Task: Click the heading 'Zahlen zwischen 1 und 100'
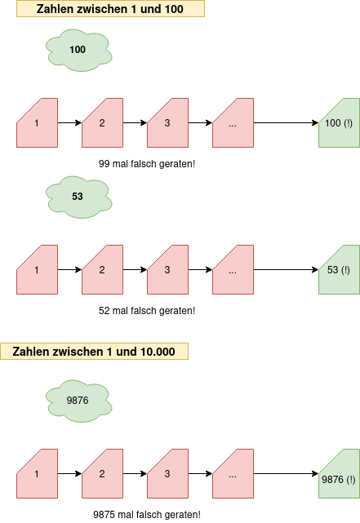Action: tap(110, 9)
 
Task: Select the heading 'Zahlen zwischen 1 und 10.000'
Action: tap(94, 352)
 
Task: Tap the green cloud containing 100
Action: tap(78, 50)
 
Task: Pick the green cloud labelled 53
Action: tap(78, 197)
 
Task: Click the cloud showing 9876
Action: tap(78, 401)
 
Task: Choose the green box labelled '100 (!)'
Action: tap(340, 122)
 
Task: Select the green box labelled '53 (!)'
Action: tap(340, 269)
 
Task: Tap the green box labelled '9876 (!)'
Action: tap(340, 473)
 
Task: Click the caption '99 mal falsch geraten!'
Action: tap(147, 164)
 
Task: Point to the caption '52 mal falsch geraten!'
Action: tap(147, 311)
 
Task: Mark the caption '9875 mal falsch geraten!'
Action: tap(147, 515)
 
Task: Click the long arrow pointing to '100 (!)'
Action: tap(286, 122)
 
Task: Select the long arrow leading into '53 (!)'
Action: tap(286, 269)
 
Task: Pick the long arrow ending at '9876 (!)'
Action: tap(286, 473)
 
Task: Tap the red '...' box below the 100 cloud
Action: tap(233, 122)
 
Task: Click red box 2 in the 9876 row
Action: tap(102, 473)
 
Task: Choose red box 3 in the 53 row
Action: tap(168, 269)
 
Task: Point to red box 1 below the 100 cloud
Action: tap(37, 122)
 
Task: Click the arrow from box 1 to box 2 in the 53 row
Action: tap(69, 269)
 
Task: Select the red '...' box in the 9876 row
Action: tap(233, 473)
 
